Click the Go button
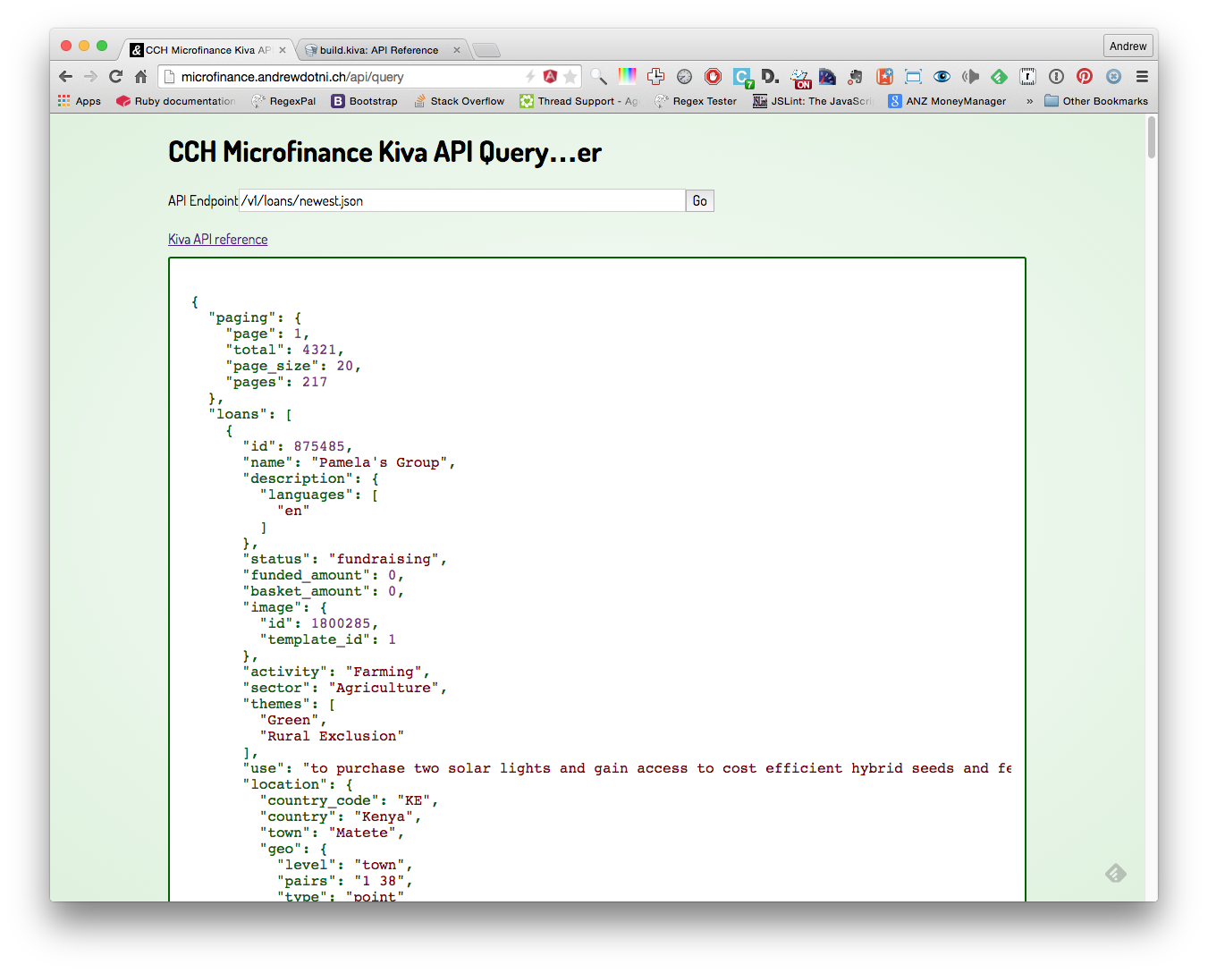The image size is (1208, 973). pos(699,200)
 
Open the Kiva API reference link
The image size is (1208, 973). pos(218,239)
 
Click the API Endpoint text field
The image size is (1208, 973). pos(462,200)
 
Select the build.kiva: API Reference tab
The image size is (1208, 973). pos(379,50)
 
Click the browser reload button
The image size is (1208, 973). pos(115,76)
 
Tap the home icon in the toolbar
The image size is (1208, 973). pos(141,76)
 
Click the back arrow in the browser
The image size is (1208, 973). pos(65,76)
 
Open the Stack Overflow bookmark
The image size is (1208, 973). pos(459,101)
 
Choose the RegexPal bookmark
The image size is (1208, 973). pos(283,101)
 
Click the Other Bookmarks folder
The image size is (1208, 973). pos(1095,101)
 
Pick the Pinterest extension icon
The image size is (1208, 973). pos(1084,76)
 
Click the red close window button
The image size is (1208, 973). pos(66,46)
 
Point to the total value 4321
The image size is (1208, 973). pos(319,350)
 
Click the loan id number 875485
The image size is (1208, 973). pos(319,446)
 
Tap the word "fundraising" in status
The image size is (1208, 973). pos(384,559)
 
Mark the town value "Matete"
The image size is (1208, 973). pos(362,833)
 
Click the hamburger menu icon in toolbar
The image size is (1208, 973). pos(1142,76)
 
